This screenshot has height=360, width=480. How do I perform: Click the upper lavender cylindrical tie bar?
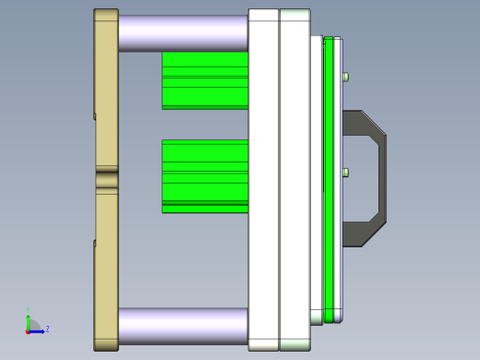tap(183, 32)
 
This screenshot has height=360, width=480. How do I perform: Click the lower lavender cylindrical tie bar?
tap(183, 326)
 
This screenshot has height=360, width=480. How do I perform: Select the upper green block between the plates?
tap(205, 80)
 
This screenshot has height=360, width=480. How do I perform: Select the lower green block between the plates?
tap(205, 175)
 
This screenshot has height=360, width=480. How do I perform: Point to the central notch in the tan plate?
tap(107, 179)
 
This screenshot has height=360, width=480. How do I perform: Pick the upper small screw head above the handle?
tap(345, 77)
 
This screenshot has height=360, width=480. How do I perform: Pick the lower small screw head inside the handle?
tap(345, 173)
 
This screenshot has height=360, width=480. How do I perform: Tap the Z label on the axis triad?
tap(47, 329)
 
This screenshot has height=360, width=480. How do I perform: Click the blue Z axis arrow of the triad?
tap(38, 330)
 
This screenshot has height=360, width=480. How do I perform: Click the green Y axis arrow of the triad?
tap(28, 320)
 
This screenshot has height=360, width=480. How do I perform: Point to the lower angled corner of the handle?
tap(373, 234)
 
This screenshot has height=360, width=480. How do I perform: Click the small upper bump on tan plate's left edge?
tap(95, 116)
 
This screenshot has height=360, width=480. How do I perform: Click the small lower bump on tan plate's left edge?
tap(95, 244)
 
